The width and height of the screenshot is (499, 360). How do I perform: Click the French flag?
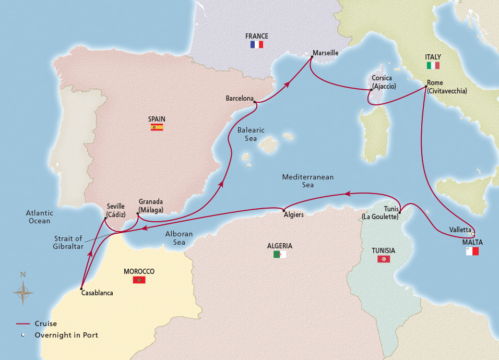pos(257,45)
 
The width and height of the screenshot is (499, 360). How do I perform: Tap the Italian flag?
pos(433,66)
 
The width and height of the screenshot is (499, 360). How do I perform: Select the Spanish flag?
pos(157,127)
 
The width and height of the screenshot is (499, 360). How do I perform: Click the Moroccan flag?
pos(139,280)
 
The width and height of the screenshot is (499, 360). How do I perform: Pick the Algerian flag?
pos(280,255)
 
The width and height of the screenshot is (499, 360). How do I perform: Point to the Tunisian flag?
pos(384,259)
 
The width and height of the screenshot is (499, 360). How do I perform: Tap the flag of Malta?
pos(472,251)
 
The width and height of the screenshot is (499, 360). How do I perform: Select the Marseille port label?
pos(326,53)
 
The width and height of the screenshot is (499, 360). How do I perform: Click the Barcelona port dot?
pos(255,102)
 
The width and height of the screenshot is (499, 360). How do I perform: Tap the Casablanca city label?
pos(97,293)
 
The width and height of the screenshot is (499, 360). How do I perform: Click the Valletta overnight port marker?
pos(473,234)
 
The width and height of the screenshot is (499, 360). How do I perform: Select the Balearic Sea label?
pos(251,135)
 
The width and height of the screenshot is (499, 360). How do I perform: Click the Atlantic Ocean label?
pos(40,217)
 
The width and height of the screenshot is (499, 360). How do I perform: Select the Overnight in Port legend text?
pos(66,335)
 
